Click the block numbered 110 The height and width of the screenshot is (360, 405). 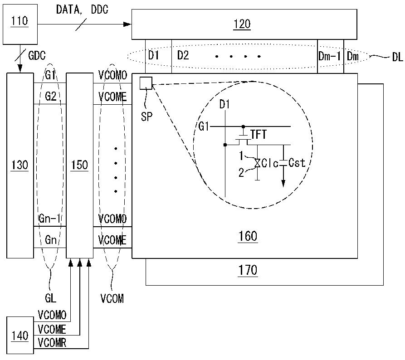pyautogui.click(x=20, y=24)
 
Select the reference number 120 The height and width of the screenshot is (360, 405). pyautogui.click(x=242, y=24)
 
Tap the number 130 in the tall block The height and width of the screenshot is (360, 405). pyautogui.click(x=20, y=165)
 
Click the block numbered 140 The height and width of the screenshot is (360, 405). pyautogui.click(x=20, y=335)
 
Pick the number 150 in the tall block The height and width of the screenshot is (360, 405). pyautogui.click(x=79, y=165)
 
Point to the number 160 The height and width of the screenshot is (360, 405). pyautogui.click(x=248, y=236)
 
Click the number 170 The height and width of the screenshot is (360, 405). pyautogui.click(x=248, y=270)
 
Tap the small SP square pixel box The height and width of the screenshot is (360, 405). pyautogui.click(x=146, y=83)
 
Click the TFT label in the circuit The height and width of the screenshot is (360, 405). pyautogui.click(x=259, y=135)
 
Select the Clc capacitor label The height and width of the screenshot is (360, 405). pyautogui.click(x=270, y=163)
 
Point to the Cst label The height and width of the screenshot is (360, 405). pyautogui.click(x=297, y=163)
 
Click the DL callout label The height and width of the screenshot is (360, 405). pyautogui.click(x=397, y=57)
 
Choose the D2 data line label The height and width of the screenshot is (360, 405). pyautogui.click(x=183, y=55)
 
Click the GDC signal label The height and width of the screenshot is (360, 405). pyautogui.click(x=37, y=55)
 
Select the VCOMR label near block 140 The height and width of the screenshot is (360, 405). pyautogui.click(x=52, y=343)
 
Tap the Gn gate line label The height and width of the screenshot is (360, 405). pyautogui.click(x=51, y=240)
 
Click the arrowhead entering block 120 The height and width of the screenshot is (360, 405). pyautogui.click(x=127, y=24)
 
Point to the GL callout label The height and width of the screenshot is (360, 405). pyautogui.click(x=51, y=298)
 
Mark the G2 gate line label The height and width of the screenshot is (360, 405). pyautogui.click(x=51, y=97)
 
